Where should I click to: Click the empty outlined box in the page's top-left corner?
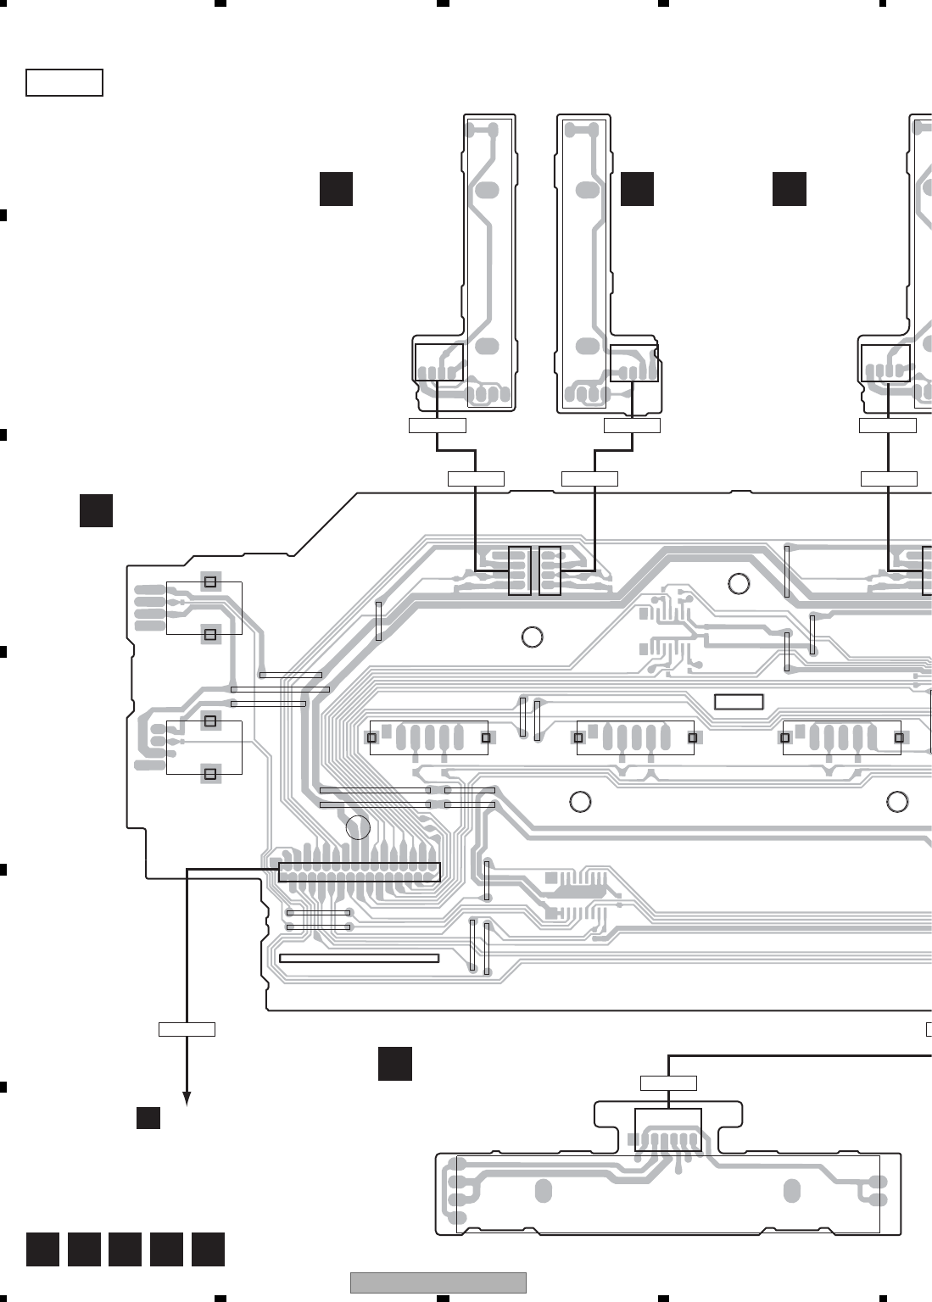click(x=64, y=83)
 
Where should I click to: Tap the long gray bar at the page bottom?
click(x=438, y=1283)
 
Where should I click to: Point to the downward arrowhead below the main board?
click(x=187, y=1099)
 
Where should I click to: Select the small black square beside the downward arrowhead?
click(x=148, y=1117)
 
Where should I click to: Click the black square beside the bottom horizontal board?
click(x=395, y=1064)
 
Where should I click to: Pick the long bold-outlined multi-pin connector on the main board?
click(x=360, y=872)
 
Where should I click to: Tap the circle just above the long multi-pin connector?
click(x=359, y=828)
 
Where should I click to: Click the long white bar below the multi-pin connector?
click(x=359, y=959)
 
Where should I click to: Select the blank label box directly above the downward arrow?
click(x=187, y=1029)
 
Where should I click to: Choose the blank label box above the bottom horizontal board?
click(x=668, y=1082)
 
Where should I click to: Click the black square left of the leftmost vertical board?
click(x=336, y=188)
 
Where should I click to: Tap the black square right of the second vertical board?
click(x=637, y=188)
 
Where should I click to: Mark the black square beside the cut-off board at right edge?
click(x=789, y=188)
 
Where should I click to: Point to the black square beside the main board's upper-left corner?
click(x=97, y=510)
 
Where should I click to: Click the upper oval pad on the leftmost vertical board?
click(x=486, y=190)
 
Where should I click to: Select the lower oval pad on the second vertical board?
click(x=586, y=347)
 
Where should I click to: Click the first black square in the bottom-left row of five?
click(x=42, y=1250)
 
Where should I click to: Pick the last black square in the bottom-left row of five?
click(x=208, y=1250)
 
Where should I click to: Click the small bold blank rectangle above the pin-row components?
click(x=739, y=702)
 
